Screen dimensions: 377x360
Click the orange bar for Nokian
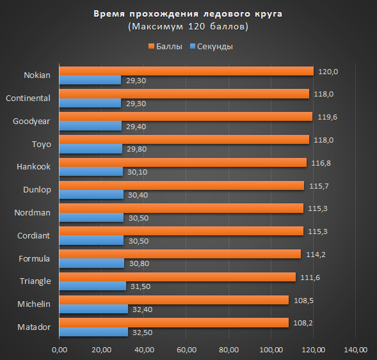[186, 71]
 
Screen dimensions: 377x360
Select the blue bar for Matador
[93, 332]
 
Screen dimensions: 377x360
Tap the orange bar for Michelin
[174, 300]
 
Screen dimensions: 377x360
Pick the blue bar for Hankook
[91, 171]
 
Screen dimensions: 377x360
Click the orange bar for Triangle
[177, 277]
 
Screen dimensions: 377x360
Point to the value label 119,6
[327, 117]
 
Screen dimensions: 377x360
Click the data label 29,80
[136, 149]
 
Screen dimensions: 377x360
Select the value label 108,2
[303, 324]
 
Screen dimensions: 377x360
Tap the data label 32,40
[142, 309]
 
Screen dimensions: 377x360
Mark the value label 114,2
[316, 254]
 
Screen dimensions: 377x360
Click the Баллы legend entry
[165, 46]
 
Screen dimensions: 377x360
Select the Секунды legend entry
[211, 46]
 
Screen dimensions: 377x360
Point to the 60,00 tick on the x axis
[186, 350]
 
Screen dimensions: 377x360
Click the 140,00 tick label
[356, 350]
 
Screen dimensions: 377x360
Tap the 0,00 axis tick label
[60, 350]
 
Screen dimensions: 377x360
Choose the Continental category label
[28, 98]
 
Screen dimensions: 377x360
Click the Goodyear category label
[31, 121]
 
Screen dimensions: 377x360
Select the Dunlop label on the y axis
[37, 190]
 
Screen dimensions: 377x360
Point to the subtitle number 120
[197, 26]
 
